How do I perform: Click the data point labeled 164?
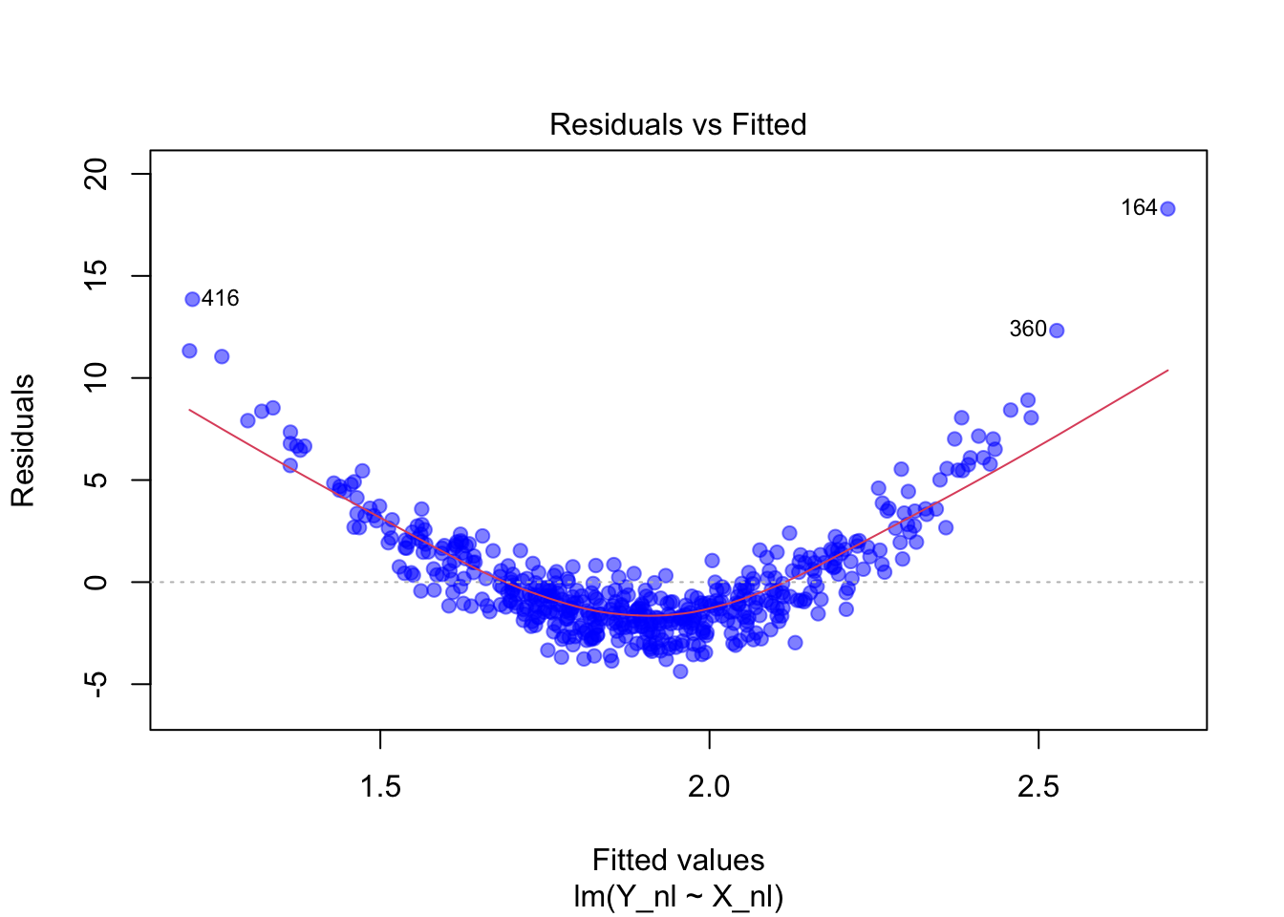(x=1167, y=209)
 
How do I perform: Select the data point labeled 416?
(x=192, y=299)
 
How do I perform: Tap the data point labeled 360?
(x=1057, y=331)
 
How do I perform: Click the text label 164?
(x=1139, y=208)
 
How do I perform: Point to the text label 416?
(x=221, y=298)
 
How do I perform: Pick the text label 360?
(x=1028, y=330)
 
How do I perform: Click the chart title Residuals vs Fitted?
(x=678, y=124)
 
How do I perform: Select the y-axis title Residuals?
(x=23, y=440)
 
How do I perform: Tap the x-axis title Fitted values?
(x=678, y=860)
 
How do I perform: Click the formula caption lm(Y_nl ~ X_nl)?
(x=678, y=896)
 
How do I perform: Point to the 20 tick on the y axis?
(x=96, y=174)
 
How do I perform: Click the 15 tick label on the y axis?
(x=96, y=276)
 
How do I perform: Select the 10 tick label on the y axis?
(x=96, y=378)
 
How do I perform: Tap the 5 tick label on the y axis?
(x=96, y=480)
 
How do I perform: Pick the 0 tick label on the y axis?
(x=96, y=582)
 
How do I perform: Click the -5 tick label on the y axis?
(x=96, y=684)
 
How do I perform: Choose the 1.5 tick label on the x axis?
(x=380, y=786)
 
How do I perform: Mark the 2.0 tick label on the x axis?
(x=709, y=786)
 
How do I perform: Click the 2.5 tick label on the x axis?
(x=1038, y=786)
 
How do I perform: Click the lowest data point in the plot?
(x=680, y=672)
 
